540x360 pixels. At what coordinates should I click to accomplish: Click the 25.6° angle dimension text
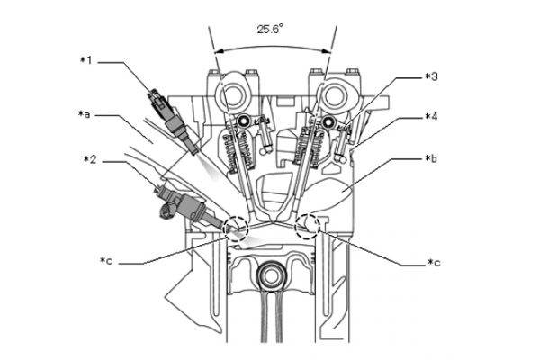tap(270, 29)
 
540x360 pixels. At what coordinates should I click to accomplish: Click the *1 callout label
tap(86, 60)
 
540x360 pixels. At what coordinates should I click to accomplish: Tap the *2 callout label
tap(90, 159)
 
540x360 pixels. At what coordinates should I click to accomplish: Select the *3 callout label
tap(431, 76)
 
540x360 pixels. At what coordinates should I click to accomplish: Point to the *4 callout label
tap(431, 117)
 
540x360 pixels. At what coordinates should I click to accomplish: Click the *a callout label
tap(85, 114)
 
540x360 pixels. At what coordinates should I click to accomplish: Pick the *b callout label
tap(431, 158)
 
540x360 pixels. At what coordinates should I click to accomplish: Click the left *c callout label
tap(106, 260)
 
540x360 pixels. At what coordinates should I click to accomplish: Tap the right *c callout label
tap(434, 263)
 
